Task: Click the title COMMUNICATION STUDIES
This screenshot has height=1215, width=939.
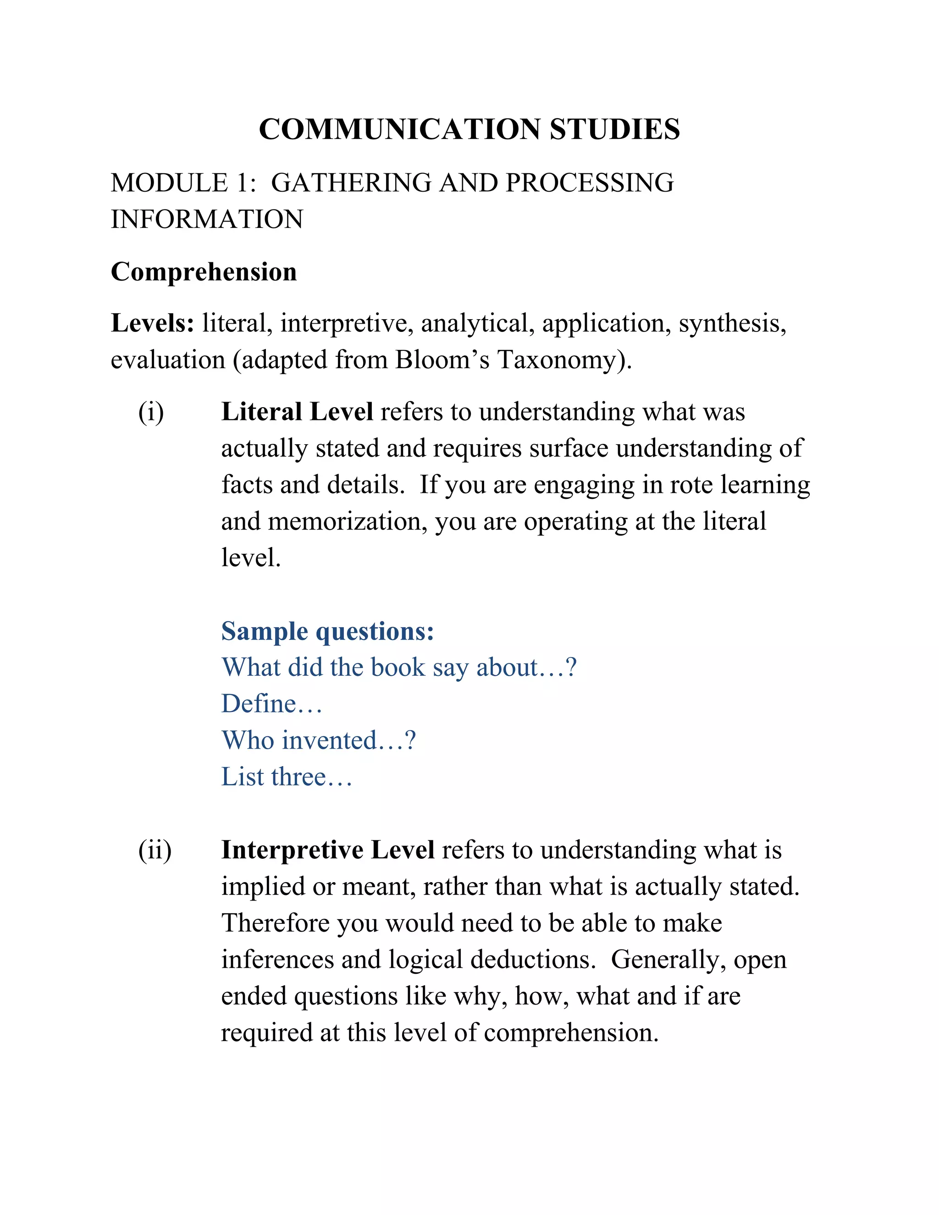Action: click(469, 129)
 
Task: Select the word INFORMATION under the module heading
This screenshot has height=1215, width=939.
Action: click(207, 219)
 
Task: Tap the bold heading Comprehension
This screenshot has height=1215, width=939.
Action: click(204, 272)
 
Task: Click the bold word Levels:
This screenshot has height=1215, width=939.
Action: click(152, 323)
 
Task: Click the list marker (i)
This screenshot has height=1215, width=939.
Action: click(151, 412)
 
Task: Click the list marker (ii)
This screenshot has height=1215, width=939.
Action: click(155, 850)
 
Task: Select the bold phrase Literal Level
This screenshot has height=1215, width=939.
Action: click(297, 412)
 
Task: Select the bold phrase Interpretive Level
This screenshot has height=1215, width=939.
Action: click(328, 850)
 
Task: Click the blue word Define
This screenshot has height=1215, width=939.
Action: click(259, 704)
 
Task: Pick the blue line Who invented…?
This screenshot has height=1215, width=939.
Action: click(319, 741)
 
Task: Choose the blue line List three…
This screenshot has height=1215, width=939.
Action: click(287, 777)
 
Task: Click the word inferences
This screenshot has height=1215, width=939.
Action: click(277, 960)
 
